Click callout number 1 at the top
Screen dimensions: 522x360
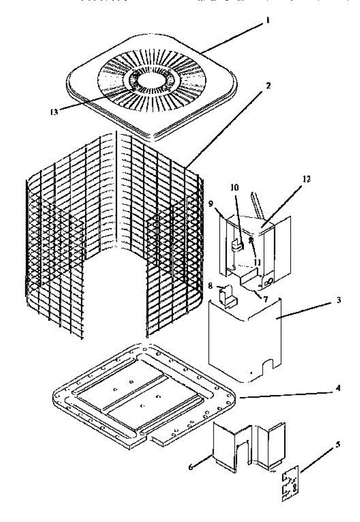(x=268, y=20)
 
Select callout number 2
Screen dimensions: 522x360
(x=269, y=86)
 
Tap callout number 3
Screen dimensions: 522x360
(x=339, y=301)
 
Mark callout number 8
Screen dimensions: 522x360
(x=211, y=286)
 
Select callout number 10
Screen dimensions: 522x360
(x=235, y=188)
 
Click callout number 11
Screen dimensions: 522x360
(x=258, y=262)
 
